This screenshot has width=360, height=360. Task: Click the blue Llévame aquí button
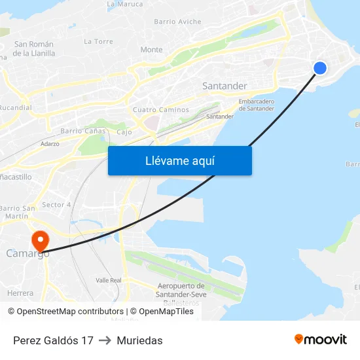[x=179, y=160]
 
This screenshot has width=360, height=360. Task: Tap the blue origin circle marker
[x=320, y=67]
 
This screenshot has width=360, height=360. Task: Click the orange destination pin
[x=40, y=240]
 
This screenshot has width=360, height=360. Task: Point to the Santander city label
[x=225, y=86]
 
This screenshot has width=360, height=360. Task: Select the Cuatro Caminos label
[x=160, y=110]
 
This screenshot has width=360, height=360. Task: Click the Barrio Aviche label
[x=177, y=22]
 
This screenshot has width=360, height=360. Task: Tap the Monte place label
[x=151, y=50]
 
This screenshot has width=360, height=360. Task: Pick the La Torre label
[x=98, y=41]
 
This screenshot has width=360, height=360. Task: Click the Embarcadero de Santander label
[x=256, y=105]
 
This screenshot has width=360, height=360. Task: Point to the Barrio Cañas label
[x=82, y=131]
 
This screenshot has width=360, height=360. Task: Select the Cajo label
[x=124, y=132]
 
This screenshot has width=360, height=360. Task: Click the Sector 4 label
[x=56, y=205]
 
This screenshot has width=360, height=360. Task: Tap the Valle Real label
[x=108, y=280]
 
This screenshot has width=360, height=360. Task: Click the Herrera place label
[x=20, y=293]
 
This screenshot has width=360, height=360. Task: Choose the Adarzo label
[x=50, y=143]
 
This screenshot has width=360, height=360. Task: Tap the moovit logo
[x=320, y=339]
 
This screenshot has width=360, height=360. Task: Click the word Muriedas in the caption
[x=139, y=340]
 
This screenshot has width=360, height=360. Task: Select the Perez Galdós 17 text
[x=53, y=340]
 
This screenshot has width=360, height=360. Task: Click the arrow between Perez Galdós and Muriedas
[x=105, y=340]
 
